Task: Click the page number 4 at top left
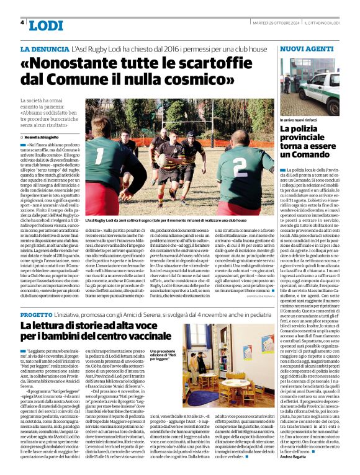[22, 22]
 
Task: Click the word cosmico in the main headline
[204, 81]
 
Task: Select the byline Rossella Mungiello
[43, 136]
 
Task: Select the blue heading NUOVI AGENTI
[307, 48]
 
